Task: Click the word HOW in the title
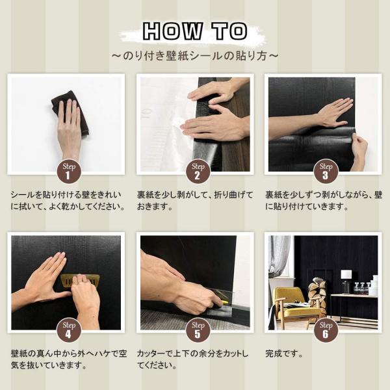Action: click(x=173, y=31)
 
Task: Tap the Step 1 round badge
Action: click(x=69, y=172)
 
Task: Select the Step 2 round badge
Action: click(x=198, y=172)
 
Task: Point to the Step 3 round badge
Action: click(x=326, y=172)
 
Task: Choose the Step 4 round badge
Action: click(x=69, y=330)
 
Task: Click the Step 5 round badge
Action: click(x=198, y=330)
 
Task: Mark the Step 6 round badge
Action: click(x=326, y=330)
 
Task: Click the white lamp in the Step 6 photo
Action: click(x=346, y=279)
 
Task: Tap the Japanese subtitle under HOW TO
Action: click(x=195, y=56)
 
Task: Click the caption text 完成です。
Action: click(x=284, y=354)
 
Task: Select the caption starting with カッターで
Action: click(x=193, y=359)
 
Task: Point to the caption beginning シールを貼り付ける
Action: click(x=68, y=200)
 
